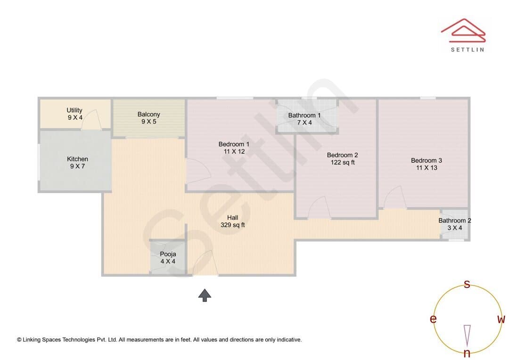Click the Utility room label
tap(74, 114)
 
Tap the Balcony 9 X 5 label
tap(148, 118)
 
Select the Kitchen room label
tap(77, 163)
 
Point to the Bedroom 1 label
tap(234, 147)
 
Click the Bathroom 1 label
tap(304, 119)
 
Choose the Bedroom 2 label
tap(343, 159)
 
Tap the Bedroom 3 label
tap(427, 164)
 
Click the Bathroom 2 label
tap(455, 224)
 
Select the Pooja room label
tap(168, 258)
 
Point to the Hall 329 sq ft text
tap(233, 221)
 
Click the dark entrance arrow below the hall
tap(205, 295)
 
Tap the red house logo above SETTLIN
tap(463, 31)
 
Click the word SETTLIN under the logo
tap(468, 49)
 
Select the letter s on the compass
tap(467, 284)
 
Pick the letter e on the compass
tap(433, 319)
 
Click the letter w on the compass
tap(501, 319)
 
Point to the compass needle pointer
tap(467, 335)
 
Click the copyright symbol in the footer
tap(19, 340)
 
